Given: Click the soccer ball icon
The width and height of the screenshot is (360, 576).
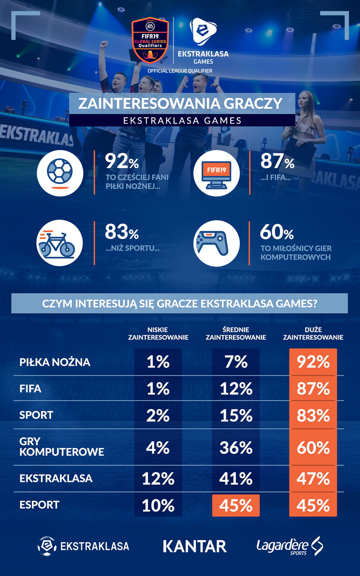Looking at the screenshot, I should (x=60, y=173).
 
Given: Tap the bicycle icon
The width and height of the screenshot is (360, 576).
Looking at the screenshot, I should (x=59, y=243).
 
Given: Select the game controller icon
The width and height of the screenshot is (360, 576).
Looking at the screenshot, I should (x=216, y=243).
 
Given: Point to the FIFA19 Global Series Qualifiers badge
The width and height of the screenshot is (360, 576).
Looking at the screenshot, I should (x=150, y=40).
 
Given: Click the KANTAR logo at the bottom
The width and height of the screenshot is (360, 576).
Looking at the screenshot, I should (x=194, y=546).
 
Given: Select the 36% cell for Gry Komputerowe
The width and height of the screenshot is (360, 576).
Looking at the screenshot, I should (x=236, y=447).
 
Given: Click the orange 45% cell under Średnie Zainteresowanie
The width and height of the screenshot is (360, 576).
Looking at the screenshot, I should (x=236, y=505).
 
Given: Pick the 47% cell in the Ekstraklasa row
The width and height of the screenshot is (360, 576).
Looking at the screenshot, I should (x=313, y=478).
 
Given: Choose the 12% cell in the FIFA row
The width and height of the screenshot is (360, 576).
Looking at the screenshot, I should (x=236, y=389).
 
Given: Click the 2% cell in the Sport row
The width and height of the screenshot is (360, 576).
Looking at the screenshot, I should (x=158, y=415).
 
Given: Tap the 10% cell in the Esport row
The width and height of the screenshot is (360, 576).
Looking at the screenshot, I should (x=158, y=505).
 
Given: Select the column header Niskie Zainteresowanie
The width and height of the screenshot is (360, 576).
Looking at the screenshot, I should (x=158, y=333).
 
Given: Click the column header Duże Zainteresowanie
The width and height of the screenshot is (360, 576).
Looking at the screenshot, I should (x=313, y=333).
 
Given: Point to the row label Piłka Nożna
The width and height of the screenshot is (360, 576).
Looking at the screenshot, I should (x=55, y=362).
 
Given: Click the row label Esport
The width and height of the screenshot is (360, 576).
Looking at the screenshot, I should (x=39, y=505).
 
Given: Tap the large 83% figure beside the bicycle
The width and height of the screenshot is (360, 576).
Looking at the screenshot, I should (x=122, y=232).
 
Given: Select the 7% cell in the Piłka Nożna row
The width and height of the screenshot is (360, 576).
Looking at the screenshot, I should (x=236, y=362).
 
